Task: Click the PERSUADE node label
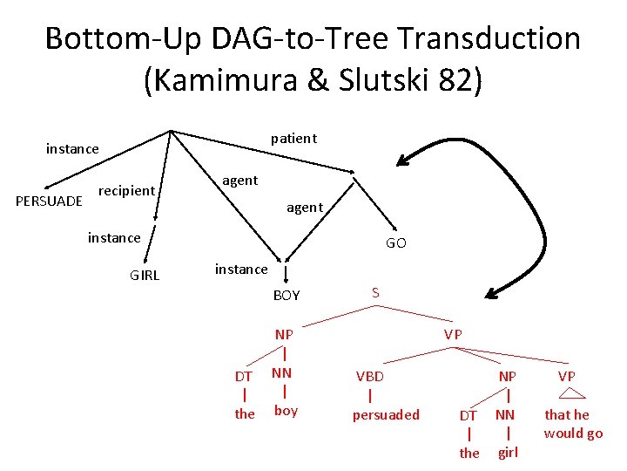(x=50, y=201)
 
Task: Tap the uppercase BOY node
(x=287, y=296)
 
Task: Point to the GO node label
(x=395, y=243)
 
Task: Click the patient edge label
(x=293, y=139)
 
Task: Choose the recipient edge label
(x=127, y=190)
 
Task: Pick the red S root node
(x=375, y=293)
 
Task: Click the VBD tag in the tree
(x=369, y=376)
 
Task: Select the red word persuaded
(x=386, y=414)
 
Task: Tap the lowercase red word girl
(x=508, y=452)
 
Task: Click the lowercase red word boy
(x=286, y=411)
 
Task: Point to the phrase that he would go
(x=572, y=424)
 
